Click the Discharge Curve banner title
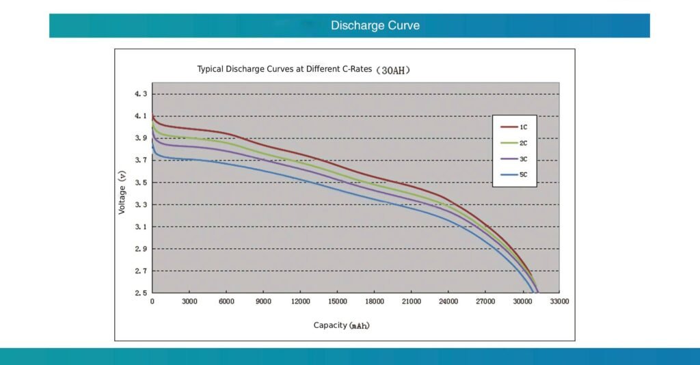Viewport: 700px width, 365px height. click(x=375, y=26)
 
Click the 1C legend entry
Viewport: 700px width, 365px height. click(x=522, y=127)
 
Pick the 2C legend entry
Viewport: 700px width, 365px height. click(x=522, y=143)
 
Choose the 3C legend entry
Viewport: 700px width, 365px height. click(x=522, y=159)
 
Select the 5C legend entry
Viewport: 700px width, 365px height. click(x=522, y=175)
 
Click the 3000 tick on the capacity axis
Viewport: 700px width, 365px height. click(x=189, y=301)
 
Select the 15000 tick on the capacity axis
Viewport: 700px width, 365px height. click(x=338, y=301)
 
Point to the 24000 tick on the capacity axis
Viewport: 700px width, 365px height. click(x=448, y=301)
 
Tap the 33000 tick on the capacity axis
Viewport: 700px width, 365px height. click(x=559, y=301)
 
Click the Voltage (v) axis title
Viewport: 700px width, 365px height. click(x=122, y=193)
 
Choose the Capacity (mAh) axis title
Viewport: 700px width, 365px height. click(x=341, y=325)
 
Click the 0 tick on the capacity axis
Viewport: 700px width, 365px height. click(x=152, y=301)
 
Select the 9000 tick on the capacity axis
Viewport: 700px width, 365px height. click(x=264, y=301)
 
